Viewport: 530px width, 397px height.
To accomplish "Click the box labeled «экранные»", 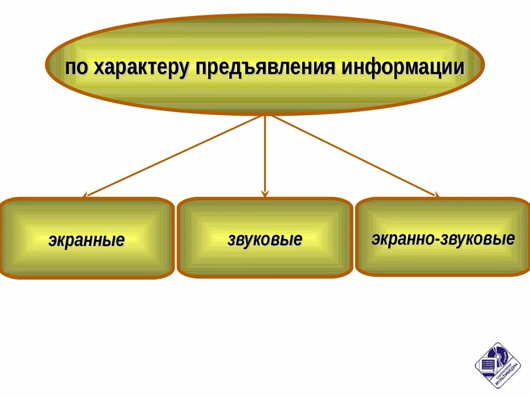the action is pos(86,238).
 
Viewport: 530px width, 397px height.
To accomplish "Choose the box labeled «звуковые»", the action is pos(264,238).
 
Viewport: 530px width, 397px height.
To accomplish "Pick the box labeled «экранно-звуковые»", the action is pos(443,237).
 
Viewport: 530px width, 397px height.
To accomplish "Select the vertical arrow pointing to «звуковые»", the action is pos(265,155).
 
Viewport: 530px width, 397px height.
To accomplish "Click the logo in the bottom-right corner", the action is pos(497,365).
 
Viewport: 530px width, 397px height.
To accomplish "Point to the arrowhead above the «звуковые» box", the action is pos(265,194).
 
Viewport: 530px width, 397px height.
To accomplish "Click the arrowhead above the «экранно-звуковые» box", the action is pos(436,195).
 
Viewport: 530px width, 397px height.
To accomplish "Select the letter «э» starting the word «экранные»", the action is pos(52,241).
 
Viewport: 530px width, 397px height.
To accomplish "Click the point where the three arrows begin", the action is pos(265,115).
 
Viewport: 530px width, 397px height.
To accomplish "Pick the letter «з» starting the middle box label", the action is pos(231,240).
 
